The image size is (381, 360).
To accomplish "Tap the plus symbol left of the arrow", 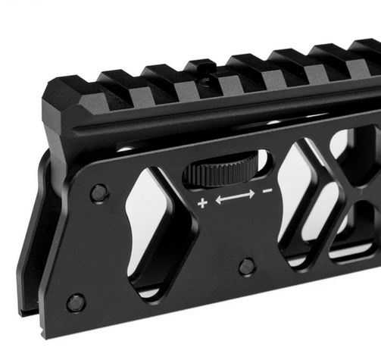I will coord(202,203).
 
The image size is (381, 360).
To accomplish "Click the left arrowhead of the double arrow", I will coord(220,201).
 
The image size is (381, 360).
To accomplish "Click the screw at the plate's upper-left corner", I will coord(98,193).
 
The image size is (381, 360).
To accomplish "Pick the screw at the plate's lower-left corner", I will coord(75,303).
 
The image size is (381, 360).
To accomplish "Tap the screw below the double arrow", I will coord(246,266).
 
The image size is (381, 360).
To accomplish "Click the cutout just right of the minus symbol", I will coord(303,205).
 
